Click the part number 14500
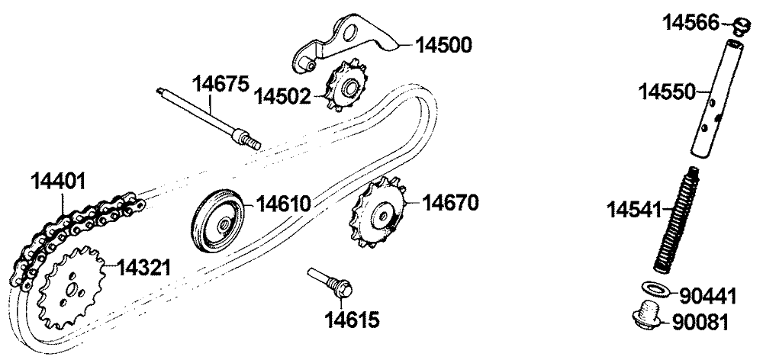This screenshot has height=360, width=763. point(443,45)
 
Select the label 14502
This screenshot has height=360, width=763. point(282,96)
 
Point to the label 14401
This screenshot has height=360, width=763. point(58,182)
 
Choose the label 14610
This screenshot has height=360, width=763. point(283,204)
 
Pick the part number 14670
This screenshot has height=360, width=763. point(450,203)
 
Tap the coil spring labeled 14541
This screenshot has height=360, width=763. point(672,217)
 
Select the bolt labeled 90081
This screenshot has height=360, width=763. point(648,315)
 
